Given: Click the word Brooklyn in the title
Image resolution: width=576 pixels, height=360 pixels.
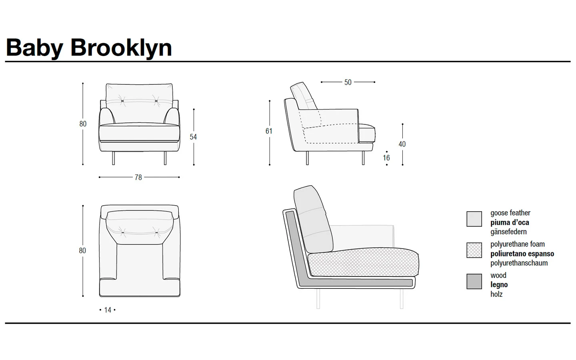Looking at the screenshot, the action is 121,48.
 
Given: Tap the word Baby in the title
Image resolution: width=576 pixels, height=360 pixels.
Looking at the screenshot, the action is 34,48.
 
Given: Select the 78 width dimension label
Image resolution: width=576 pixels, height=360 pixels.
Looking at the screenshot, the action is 138,178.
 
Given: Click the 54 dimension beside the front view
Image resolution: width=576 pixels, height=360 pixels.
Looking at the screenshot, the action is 193,137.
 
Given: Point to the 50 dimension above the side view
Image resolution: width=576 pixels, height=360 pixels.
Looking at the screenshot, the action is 348,82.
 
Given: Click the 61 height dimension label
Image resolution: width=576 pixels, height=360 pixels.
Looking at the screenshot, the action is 269,131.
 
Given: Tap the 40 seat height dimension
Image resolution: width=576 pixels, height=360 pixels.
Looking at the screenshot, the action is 402,144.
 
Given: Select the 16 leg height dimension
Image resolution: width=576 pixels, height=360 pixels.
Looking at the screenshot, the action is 386,158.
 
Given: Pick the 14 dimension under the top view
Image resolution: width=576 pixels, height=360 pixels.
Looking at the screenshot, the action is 108,310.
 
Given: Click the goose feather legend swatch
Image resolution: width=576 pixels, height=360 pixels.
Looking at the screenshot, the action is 474,219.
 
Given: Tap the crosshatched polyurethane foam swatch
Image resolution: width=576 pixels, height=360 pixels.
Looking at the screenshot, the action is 474,250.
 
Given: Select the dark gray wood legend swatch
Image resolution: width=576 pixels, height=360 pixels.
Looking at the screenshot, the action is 474,281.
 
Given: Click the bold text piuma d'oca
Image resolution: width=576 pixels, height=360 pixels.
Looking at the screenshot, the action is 510,223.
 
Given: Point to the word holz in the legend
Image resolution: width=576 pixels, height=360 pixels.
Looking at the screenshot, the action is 496,294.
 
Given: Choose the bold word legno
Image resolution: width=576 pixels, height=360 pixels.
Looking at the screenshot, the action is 499,285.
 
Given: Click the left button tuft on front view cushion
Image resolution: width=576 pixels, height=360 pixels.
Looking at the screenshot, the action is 122,101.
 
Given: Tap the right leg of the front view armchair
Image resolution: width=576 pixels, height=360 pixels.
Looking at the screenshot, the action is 165,158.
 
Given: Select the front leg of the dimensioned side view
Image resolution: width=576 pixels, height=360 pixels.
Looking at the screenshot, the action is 363,158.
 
